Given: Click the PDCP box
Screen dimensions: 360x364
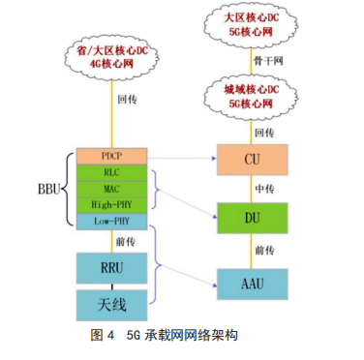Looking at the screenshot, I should [x=109, y=156].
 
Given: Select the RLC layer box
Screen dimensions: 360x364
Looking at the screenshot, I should [x=109, y=173].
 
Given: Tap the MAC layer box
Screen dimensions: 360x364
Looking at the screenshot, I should [x=109, y=190].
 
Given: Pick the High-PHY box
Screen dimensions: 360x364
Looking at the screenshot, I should [x=109, y=205].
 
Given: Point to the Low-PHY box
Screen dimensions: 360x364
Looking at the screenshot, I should [x=109, y=222].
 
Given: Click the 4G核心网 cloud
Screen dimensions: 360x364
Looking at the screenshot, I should [x=111, y=59].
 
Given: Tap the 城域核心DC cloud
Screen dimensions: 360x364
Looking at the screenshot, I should [x=253, y=96].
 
